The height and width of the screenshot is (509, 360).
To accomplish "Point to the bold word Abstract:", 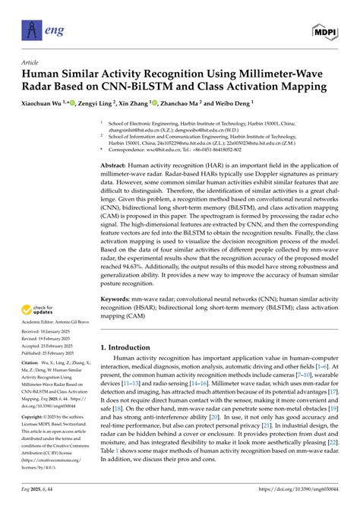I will tap(118, 163).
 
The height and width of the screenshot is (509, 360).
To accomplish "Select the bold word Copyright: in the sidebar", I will tap(33, 418).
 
